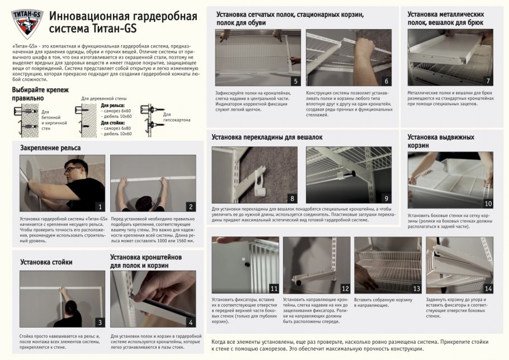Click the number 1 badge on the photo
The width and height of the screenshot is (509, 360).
coord(100,207)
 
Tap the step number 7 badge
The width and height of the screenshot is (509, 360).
coord(488,81)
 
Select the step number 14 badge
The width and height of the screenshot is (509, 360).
coord(488,289)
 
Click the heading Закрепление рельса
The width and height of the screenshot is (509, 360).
coord(50,148)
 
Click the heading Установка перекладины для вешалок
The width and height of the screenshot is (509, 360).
coord(266,136)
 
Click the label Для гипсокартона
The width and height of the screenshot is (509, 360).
coord(176,117)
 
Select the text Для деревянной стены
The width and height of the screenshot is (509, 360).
coord(101,99)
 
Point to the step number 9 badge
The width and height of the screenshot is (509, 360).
coord(386,198)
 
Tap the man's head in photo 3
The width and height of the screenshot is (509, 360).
coord(71,307)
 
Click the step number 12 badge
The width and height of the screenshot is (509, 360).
coord(345,289)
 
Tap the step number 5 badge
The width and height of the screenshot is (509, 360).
coord(296,81)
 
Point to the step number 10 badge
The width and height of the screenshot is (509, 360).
coord(488,203)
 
